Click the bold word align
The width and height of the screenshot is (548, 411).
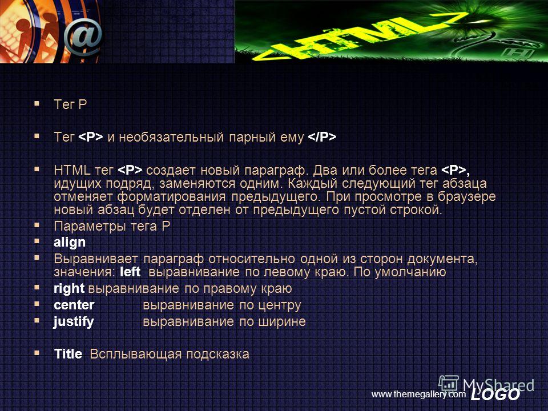pos(70,242)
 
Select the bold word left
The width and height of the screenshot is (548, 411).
pos(130,272)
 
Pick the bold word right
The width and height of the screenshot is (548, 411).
pos(69,289)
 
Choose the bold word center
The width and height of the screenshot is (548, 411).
pos(74,305)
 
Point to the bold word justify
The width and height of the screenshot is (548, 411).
pos(74,321)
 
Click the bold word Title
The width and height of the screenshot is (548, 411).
pos(68,354)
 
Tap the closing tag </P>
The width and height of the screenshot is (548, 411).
pos(322,136)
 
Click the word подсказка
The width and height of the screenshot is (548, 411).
pos(217,354)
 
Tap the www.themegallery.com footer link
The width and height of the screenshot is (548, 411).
pos(418,394)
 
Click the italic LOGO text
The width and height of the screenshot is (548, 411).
pos(495,394)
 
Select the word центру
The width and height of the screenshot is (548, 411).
pos(280,305)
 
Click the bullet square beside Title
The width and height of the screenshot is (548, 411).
pos(37,353)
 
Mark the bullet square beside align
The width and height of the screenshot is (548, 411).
pos(37,241)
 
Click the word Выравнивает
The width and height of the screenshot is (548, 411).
pos(96,259)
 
